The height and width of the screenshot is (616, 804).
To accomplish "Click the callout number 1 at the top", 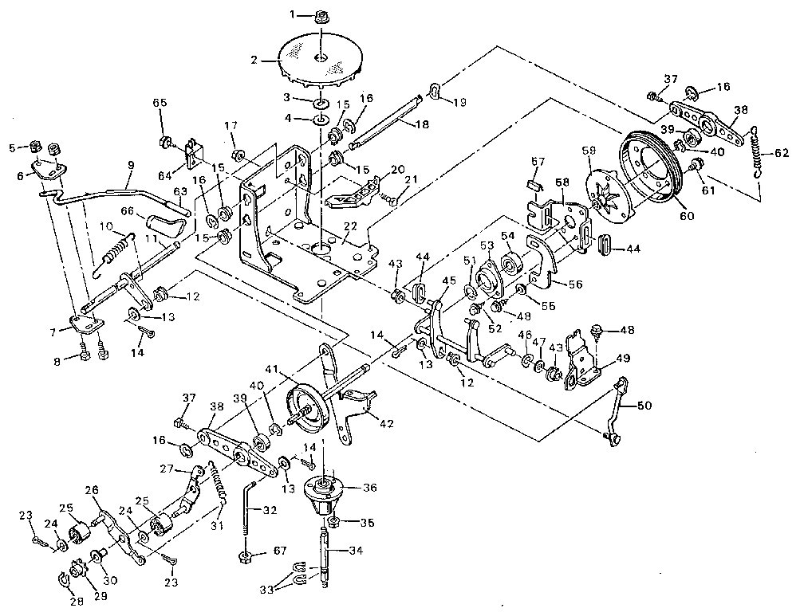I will click(x=292, y=14).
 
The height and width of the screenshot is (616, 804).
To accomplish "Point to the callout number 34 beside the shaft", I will click(x=353, y=550).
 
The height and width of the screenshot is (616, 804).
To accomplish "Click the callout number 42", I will click(x=386, y=424).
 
